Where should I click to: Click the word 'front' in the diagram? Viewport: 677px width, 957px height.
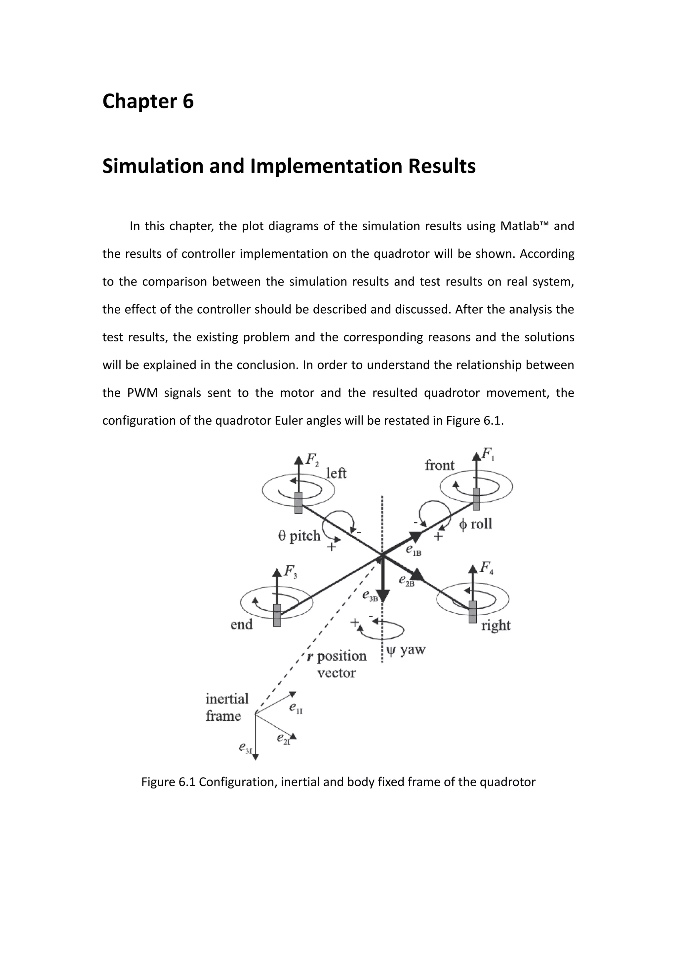click(439, 465)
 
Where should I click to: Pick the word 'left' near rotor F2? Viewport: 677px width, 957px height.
click(336, 473)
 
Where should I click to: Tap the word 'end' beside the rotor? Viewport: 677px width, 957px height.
click(242, 624)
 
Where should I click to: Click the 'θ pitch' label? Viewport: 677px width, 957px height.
click(299, 536)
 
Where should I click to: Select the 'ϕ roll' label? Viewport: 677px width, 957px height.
click(475, 523)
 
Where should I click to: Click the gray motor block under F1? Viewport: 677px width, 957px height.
click(476, 499)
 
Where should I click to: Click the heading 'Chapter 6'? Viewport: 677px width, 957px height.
click(148, 101)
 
